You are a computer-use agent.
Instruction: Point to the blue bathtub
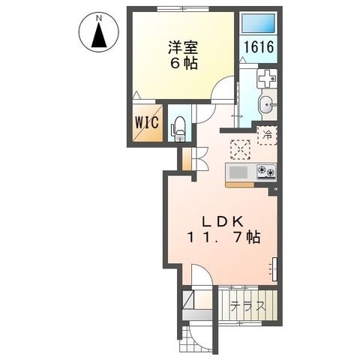click(x=259, y=24)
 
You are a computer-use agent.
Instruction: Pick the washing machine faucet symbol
click(x=266, y=78)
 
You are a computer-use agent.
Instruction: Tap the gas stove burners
click(x=265, y=172)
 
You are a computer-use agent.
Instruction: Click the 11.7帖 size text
click(x=224, y=238)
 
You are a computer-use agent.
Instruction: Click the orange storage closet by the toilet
click(x=185, y=159)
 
